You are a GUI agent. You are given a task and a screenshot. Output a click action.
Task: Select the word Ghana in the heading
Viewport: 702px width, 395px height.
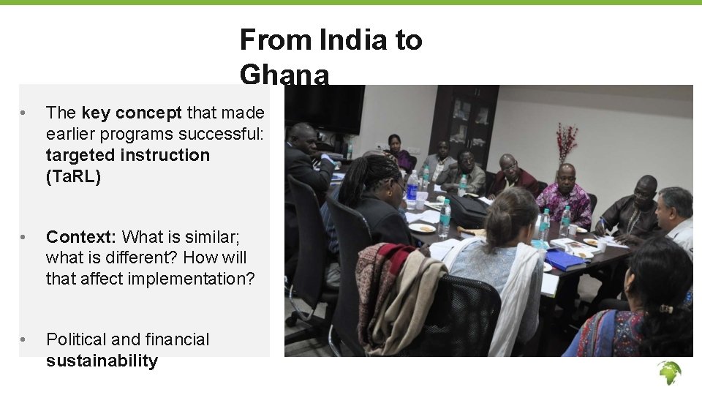tap(284, 75)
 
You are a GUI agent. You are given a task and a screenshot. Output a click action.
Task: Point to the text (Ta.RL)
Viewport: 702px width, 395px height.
tap(73, 176)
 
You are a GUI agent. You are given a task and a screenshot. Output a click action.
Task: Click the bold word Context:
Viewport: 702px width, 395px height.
tap(81, 237)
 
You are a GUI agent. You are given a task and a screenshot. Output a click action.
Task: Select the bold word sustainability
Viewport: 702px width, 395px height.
tap(102, 361)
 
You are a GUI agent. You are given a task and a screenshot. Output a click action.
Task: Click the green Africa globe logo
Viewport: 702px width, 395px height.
tap(668, 373)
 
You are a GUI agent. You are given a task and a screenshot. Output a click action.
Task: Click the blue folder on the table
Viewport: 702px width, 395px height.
tap(565, 260)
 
